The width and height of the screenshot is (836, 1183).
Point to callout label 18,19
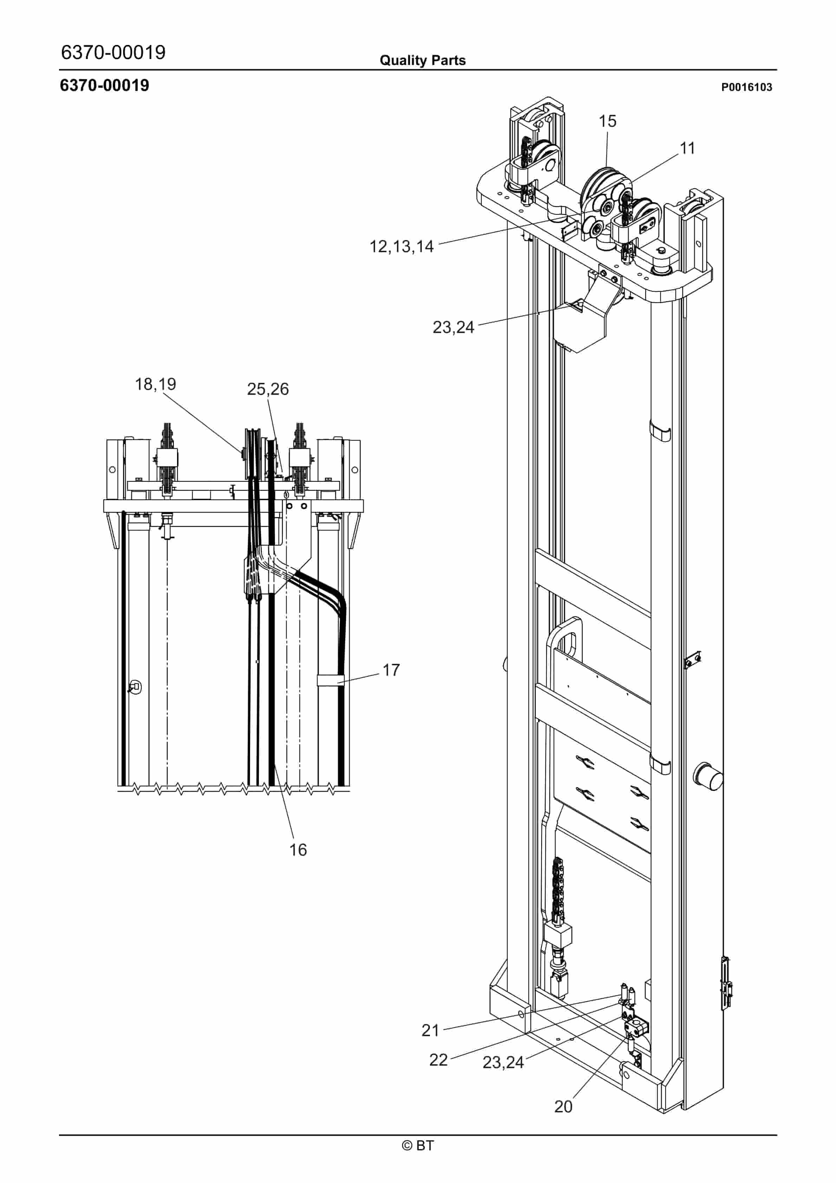pos(155,384)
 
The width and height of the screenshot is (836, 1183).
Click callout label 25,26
pos(268,389)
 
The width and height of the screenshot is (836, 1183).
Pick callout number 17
pos(391,670)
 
